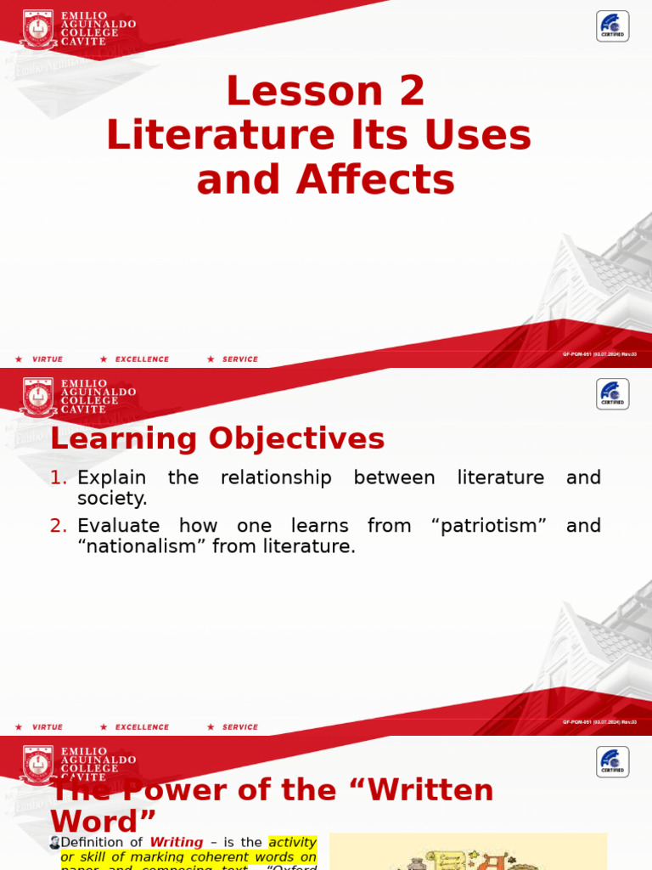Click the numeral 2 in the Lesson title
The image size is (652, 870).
point(413,92)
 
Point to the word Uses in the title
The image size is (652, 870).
point(488,136)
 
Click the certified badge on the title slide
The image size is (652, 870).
point(612,26)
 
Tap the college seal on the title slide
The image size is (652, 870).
point(38,30)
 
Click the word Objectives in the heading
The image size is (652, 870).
point(296,439)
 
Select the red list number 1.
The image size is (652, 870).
point(58,478)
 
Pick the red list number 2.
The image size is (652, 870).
point(58,526)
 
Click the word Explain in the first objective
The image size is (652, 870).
point(111,478)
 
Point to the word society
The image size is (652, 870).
point(112,499)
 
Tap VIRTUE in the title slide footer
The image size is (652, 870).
point(48,359)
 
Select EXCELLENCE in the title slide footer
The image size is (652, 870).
point(142,359)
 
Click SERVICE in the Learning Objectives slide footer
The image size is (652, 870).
point(240,727)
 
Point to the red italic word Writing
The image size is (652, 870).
point(177,843)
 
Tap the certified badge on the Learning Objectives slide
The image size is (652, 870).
point(612,394)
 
